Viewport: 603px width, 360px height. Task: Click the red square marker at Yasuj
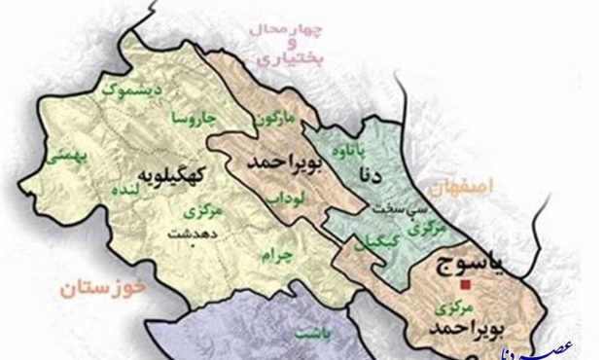467,284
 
